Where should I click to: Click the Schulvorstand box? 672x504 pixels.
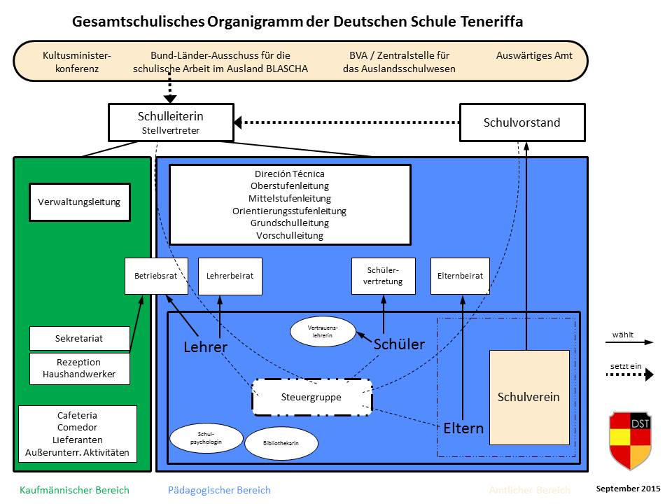click(x=521, y=122)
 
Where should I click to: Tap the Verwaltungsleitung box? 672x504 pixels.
click(x=79, y=202)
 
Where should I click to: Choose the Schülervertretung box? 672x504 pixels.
click(x=384, y=276)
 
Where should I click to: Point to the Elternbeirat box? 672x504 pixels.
click(x=459, y=276)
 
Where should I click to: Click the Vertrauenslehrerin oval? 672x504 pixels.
click(x=323, y=331)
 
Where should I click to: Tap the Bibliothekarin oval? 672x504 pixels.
click(x=281, y=443)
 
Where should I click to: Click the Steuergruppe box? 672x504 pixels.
click(x=311, y=397)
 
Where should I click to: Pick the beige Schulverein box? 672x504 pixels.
click(x=528, y=397)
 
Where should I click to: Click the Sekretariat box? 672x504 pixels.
click(x=79, y=338)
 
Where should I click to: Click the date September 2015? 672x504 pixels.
click(x=628, y=487)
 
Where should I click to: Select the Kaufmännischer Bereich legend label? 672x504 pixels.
click(x=74, y=490)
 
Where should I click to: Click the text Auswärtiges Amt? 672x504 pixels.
click(x=534, y=55)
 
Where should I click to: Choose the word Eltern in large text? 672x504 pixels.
click(x=463, y=428)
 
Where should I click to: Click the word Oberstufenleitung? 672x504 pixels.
click(x=289, y=185)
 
